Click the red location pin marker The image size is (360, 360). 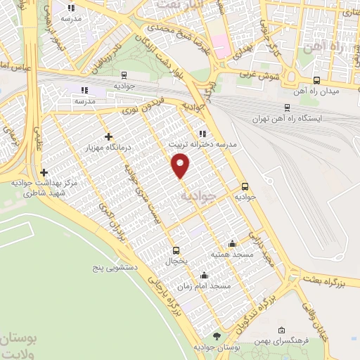click(x=181, y=167)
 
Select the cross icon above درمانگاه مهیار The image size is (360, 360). click(x=108, y=136)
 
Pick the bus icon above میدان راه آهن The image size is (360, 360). click(x=316, y=80)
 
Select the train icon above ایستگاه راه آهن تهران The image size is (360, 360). click(x=287, y=107)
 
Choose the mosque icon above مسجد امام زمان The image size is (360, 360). click(x=204, y=275)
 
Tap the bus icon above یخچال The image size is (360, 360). click(x=176, y=250)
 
